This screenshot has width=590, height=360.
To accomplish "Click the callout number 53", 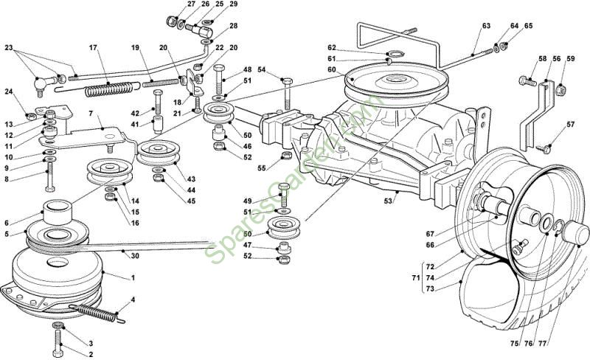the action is click(388, 201).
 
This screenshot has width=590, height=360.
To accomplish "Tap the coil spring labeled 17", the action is click(109, 89).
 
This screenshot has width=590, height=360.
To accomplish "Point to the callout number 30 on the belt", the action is click(135, 256).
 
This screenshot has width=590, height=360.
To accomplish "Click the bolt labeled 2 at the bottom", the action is click(58, 342).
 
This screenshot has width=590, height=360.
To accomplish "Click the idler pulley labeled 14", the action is click(109, 171).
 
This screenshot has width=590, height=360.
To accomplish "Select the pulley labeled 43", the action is click(157, 153).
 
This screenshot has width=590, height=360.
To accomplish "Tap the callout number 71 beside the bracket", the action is click(416, 278).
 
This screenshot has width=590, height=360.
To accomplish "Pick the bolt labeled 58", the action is click(527, 81).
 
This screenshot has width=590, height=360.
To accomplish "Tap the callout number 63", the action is click(486, 26).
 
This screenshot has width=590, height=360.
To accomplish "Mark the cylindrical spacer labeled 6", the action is click(58, 212).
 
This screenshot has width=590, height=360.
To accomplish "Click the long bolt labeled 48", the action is click(219, 80).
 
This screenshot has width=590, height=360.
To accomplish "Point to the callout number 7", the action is click(90, 114).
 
